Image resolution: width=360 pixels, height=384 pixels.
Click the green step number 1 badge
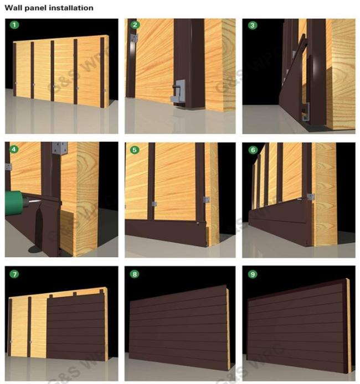[x=14, y=25]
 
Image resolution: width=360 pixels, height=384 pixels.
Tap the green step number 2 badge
[x=135, y=25]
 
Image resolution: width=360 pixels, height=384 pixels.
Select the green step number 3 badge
[x=253, y=25]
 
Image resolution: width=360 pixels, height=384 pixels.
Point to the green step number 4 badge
[x=14, y=149]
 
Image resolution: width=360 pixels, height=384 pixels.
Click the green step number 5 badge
[x=135, y=149]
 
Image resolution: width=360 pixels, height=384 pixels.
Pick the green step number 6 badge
[x=253, y=149]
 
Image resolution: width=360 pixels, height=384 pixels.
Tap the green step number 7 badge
[x=14, y=274]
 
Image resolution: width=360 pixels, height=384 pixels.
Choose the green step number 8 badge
[x=135, y=274]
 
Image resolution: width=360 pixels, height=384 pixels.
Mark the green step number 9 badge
[x=253, y=274]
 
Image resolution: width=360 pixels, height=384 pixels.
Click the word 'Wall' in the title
[x=12, y=8]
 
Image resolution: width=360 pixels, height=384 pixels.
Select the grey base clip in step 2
[x=178, y=92]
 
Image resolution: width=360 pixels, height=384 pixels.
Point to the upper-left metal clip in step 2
[x=134, y=39]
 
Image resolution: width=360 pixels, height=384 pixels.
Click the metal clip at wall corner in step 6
[x=311, y=196]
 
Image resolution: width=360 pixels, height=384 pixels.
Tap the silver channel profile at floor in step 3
[x=306, y=112]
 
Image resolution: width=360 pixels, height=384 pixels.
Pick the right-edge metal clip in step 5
[x=207, y=199]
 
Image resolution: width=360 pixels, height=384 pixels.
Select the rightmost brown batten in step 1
[x=102, y=72]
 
